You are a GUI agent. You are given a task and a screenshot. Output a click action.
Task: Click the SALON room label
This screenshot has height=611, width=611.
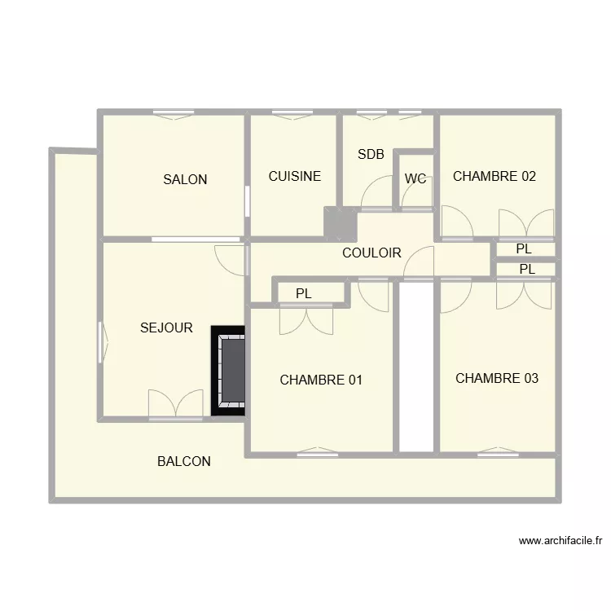[x=185, y=179]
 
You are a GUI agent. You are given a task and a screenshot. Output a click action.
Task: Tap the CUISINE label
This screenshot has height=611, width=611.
[x=295, y=176]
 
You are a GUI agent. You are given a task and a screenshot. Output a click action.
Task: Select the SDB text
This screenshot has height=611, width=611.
[x=371, y=153]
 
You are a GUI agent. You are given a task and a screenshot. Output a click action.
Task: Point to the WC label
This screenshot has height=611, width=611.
[x=415, y=179]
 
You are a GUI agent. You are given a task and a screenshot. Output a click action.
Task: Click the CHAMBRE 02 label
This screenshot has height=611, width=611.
[x=495, y=176]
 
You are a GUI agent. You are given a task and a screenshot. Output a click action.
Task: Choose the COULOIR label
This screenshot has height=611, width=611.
[x=371, y=253]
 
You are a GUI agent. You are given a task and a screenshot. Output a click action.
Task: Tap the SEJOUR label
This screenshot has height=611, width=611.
[x=166, y=328]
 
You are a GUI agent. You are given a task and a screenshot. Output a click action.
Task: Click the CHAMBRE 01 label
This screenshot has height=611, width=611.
[x=321, y=380]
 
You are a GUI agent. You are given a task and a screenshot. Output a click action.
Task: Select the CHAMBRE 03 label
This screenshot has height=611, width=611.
[x=497, y=378]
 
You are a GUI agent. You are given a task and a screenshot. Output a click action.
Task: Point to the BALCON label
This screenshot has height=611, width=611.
[x=184, y=461]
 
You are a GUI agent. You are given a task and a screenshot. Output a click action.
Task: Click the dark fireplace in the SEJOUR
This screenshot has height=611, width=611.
[x=229, y=371]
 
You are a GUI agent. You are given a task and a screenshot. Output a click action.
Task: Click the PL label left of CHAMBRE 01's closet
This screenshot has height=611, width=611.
[x=304, y=293]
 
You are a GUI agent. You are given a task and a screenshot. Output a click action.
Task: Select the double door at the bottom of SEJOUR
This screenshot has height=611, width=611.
[x=176, y=405]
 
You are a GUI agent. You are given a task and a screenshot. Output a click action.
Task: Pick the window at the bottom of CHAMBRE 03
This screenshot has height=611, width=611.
[x=498, y=452]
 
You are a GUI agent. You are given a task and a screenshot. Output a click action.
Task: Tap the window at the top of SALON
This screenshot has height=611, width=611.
[x=172, y=112]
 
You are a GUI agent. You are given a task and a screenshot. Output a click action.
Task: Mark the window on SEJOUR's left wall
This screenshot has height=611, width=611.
[x=102, y=341]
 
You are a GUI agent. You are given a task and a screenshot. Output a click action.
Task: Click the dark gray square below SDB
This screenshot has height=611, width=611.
[x=335, y=223]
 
